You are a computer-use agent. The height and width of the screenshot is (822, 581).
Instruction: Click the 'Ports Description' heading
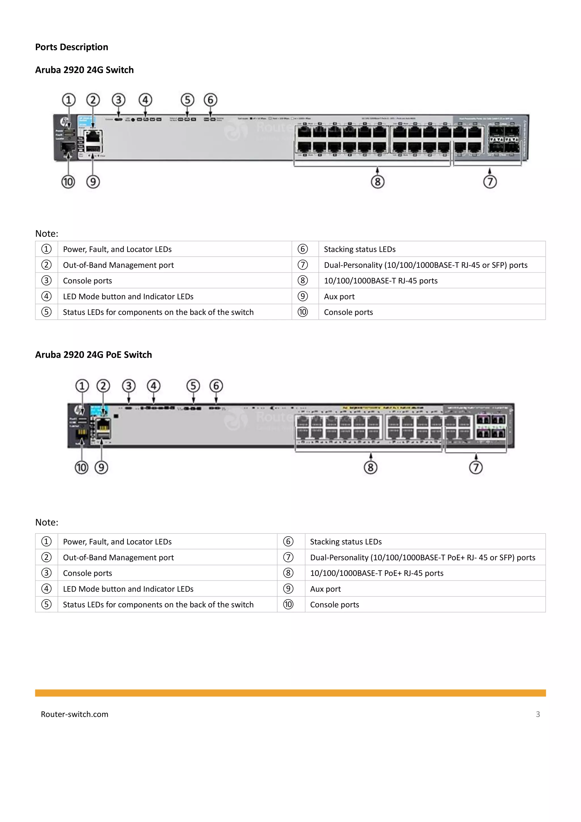tap(71, 47)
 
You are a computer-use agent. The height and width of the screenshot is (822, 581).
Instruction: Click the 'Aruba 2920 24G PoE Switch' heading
tap(93, 355)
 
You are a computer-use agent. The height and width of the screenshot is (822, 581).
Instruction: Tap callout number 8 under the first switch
tap(377, 182)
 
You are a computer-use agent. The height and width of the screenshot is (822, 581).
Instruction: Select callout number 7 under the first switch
tap(490, 182)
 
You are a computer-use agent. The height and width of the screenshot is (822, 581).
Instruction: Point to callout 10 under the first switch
tap(68, 182)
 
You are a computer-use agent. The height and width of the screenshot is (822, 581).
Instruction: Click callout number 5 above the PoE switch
tap(193, 386)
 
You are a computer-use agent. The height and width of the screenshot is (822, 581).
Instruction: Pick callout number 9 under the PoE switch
tap(101, 468)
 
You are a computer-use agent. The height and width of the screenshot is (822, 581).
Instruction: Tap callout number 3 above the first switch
tap(119, 100)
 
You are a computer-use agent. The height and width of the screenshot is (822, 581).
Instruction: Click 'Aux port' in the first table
tap(339, 296)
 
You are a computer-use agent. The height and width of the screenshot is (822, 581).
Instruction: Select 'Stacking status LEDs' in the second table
tap(346, 542)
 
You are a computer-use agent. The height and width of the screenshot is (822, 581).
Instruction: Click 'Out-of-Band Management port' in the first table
tap(118, 265)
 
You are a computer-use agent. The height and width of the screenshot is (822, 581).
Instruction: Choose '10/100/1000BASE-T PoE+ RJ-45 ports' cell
tap(377, 573)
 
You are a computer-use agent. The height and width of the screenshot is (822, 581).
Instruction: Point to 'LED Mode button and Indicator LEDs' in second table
tap(128, 589)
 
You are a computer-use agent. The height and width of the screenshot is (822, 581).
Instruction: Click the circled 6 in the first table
tap(303, 249)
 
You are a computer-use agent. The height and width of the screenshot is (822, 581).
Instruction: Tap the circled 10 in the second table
tap(288, 605)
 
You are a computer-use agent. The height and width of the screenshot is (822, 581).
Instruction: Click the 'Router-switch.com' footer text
tap(74, 714)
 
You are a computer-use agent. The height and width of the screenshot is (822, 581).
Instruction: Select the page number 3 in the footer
tap(538, 714)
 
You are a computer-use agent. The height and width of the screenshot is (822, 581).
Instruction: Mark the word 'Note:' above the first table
tap(47, 234)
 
